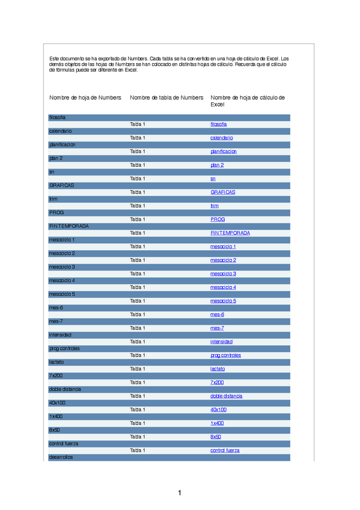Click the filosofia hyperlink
(x=218, y=124)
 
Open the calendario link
(x=221, y=138)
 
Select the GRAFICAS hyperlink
(x=222, y=192)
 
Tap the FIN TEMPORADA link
(x=230, y=233)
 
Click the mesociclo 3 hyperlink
(x=223, y=274)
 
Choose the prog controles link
(x=225, y=355)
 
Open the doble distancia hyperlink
(x=226, y=396)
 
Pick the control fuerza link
(x=225, y=450)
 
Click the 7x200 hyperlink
(x=217, y=382)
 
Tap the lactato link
(x=218, y=369)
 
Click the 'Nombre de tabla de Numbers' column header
(x=166, y=97)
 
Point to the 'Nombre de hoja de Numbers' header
(x=85, y=97)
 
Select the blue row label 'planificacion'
(x=63, y=144)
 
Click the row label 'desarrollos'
(x=61, y=456)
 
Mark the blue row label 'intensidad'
(x=60, y=334)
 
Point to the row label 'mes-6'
(x=56, y=307)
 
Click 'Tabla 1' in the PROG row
(x=137, y=219)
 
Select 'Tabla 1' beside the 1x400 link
(x=137, y=423)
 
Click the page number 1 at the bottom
(x=179, y=493)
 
